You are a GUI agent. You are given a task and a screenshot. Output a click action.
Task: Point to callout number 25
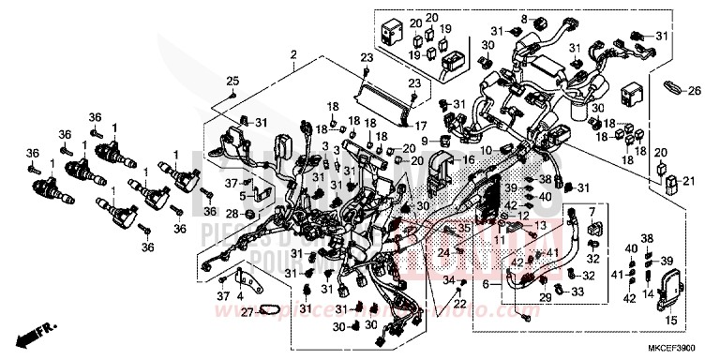click(x=232, y=79)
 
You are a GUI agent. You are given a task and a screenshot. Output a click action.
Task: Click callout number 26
click(x=694, y=91)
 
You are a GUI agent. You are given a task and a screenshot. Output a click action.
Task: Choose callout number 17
click(x=421, y=126)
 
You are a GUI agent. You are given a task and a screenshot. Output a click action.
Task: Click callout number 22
click(x=460, y=304)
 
